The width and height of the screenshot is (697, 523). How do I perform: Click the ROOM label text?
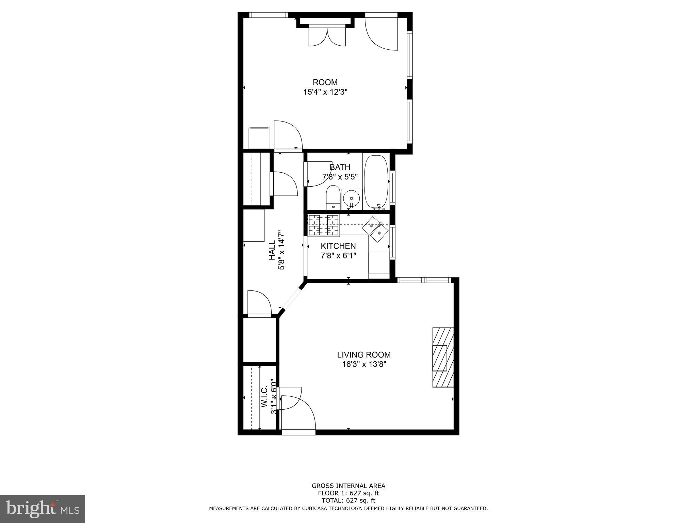pyautogui.click(x=325, y=82)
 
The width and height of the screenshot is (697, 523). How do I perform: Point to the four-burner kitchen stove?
pyautogui.click(x=324, y=225)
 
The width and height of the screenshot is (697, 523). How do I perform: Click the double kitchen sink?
pyautogui.click(x=375, y=229)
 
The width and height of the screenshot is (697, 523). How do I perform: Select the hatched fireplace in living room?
pyautogui.click(x=442, y=357)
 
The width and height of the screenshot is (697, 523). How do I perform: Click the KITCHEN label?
pyautogui.click(x=338, y=246)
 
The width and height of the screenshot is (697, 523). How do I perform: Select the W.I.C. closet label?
pyautogui.click(x=264, y=397)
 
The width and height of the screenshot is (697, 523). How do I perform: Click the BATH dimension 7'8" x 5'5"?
pyautogui.click(x=340, y=177)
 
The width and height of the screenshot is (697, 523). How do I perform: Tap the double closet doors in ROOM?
pyautogui.click(x=327, y=36)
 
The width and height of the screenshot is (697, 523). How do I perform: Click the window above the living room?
pyautogui.click(x=424, y=280)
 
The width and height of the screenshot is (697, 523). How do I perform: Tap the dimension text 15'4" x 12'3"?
pyautogui.click(x=325, y=92)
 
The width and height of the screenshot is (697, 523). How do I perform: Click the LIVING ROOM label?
pyautogui.click(x=364, y=355)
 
